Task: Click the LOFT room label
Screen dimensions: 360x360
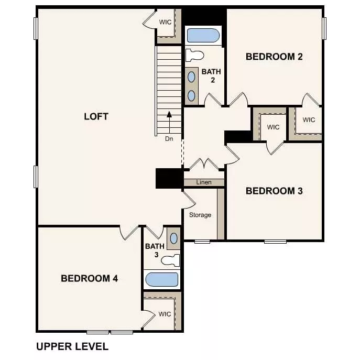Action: pos(96,116)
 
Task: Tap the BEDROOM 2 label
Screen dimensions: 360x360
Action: pos(274,57)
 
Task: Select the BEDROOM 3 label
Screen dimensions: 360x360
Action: pos(274,191)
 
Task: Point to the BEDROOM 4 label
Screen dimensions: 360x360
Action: pos(89,278)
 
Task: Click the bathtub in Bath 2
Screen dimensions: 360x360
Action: pos(203,36)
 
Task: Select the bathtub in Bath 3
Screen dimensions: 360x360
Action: pos(161,279)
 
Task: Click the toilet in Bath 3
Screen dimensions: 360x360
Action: pos(170,260)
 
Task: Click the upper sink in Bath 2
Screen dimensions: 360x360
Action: pos(192,77)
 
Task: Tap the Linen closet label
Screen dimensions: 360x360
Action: pos(203,182)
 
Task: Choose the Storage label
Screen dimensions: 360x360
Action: pos(200,215)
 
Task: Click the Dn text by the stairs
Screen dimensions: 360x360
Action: pos(169,139)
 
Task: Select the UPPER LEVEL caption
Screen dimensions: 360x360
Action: pos(72,346)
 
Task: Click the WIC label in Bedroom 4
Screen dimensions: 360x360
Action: pos(165,314)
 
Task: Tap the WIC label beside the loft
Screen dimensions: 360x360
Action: pos(166,22)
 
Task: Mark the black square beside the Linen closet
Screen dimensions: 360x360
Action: pos(169,178)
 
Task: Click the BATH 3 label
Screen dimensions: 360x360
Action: pos(155,250)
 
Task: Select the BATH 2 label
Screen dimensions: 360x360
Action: pos(211,76)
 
